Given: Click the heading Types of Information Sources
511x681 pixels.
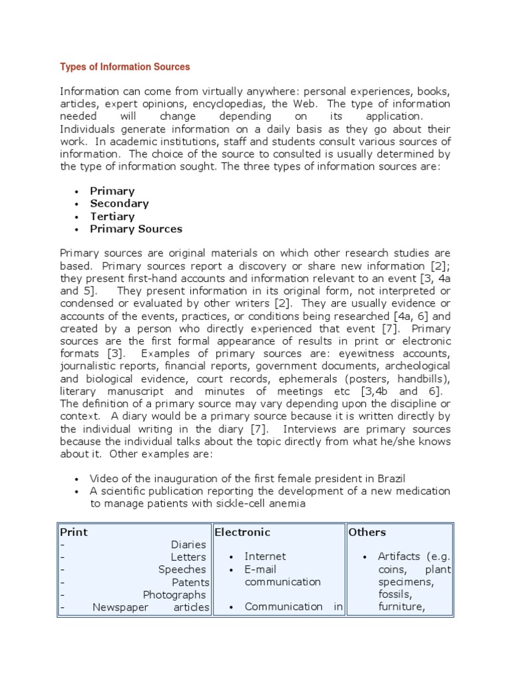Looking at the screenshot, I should coord(125,67).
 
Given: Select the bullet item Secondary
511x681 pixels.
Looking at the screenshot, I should coord(119,204).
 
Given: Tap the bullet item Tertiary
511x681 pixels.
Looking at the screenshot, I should coord(112,216).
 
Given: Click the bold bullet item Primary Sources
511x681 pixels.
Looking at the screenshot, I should coord(136,229).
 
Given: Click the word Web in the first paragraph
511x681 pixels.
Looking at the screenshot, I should coord(307,104).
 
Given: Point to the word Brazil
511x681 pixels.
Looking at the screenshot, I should coord(391,479).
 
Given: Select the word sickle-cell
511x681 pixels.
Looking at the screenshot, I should coord(248,503).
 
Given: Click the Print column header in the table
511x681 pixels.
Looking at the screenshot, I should coord(74,532).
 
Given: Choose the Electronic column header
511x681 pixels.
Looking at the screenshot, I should coord(242,532).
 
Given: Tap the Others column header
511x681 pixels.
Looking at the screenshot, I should coord(367,532).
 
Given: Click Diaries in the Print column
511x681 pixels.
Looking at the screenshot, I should coord(188,545).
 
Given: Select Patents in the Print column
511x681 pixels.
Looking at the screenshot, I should coord(190,582).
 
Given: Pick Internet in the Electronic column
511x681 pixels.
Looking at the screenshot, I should coord(265,557).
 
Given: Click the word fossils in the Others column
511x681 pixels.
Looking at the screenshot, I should coord(395,594).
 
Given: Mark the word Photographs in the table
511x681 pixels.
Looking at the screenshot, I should coord(174,595).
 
